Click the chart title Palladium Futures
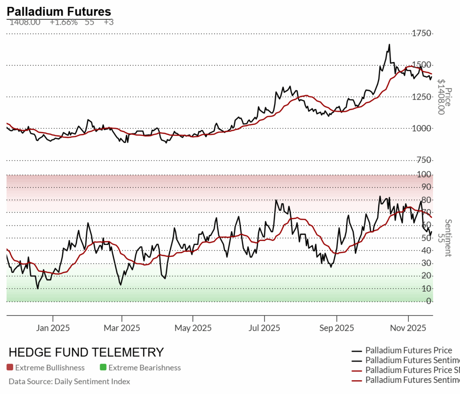59,12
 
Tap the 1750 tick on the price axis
424,34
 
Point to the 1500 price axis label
424,65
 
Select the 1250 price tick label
424,97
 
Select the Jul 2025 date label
264,328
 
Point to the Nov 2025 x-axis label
408,328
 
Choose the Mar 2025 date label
122,328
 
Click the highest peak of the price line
389,44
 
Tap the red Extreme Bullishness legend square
10,368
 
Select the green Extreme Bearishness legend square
103,368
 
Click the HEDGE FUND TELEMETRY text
86,352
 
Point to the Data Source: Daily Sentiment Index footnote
69,381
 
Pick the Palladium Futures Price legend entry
408,350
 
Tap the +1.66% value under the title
63,22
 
